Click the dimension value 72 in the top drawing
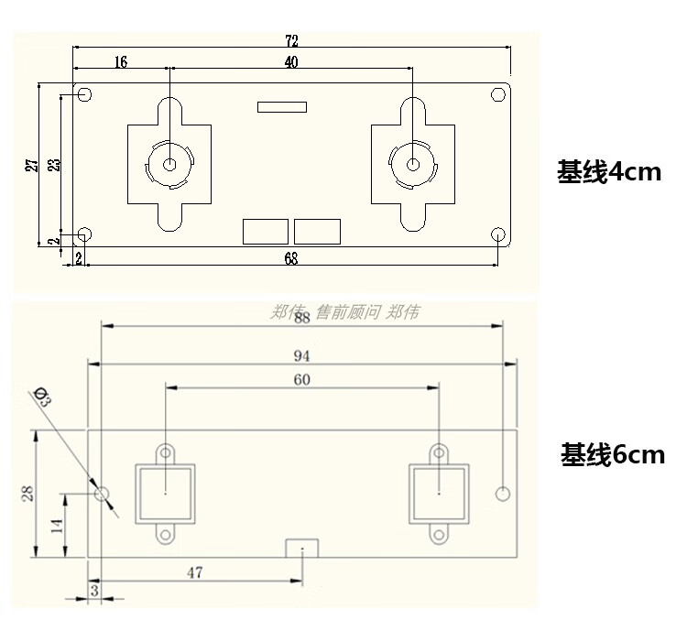[x=291, y=41]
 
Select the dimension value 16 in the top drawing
[x=121, y=62]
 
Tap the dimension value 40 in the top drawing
[x=291, y=62]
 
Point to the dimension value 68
[x=290, y=258]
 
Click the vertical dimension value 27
[x=31, y=165]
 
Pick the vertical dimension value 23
[x=54, y=165]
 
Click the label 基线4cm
[x=608, y=171]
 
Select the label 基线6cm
[x=612, y=454]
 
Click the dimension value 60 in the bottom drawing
[x=302, y=380]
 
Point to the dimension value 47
[x=194, y=573]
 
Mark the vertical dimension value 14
[x=56, y=526]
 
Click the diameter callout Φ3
[x=42, y=397]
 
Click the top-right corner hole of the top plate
[x=498, y=94]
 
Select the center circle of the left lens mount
[x=170, y=165]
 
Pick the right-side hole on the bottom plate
[x=501, y=494]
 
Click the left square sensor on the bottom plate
[x=166, y=493]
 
